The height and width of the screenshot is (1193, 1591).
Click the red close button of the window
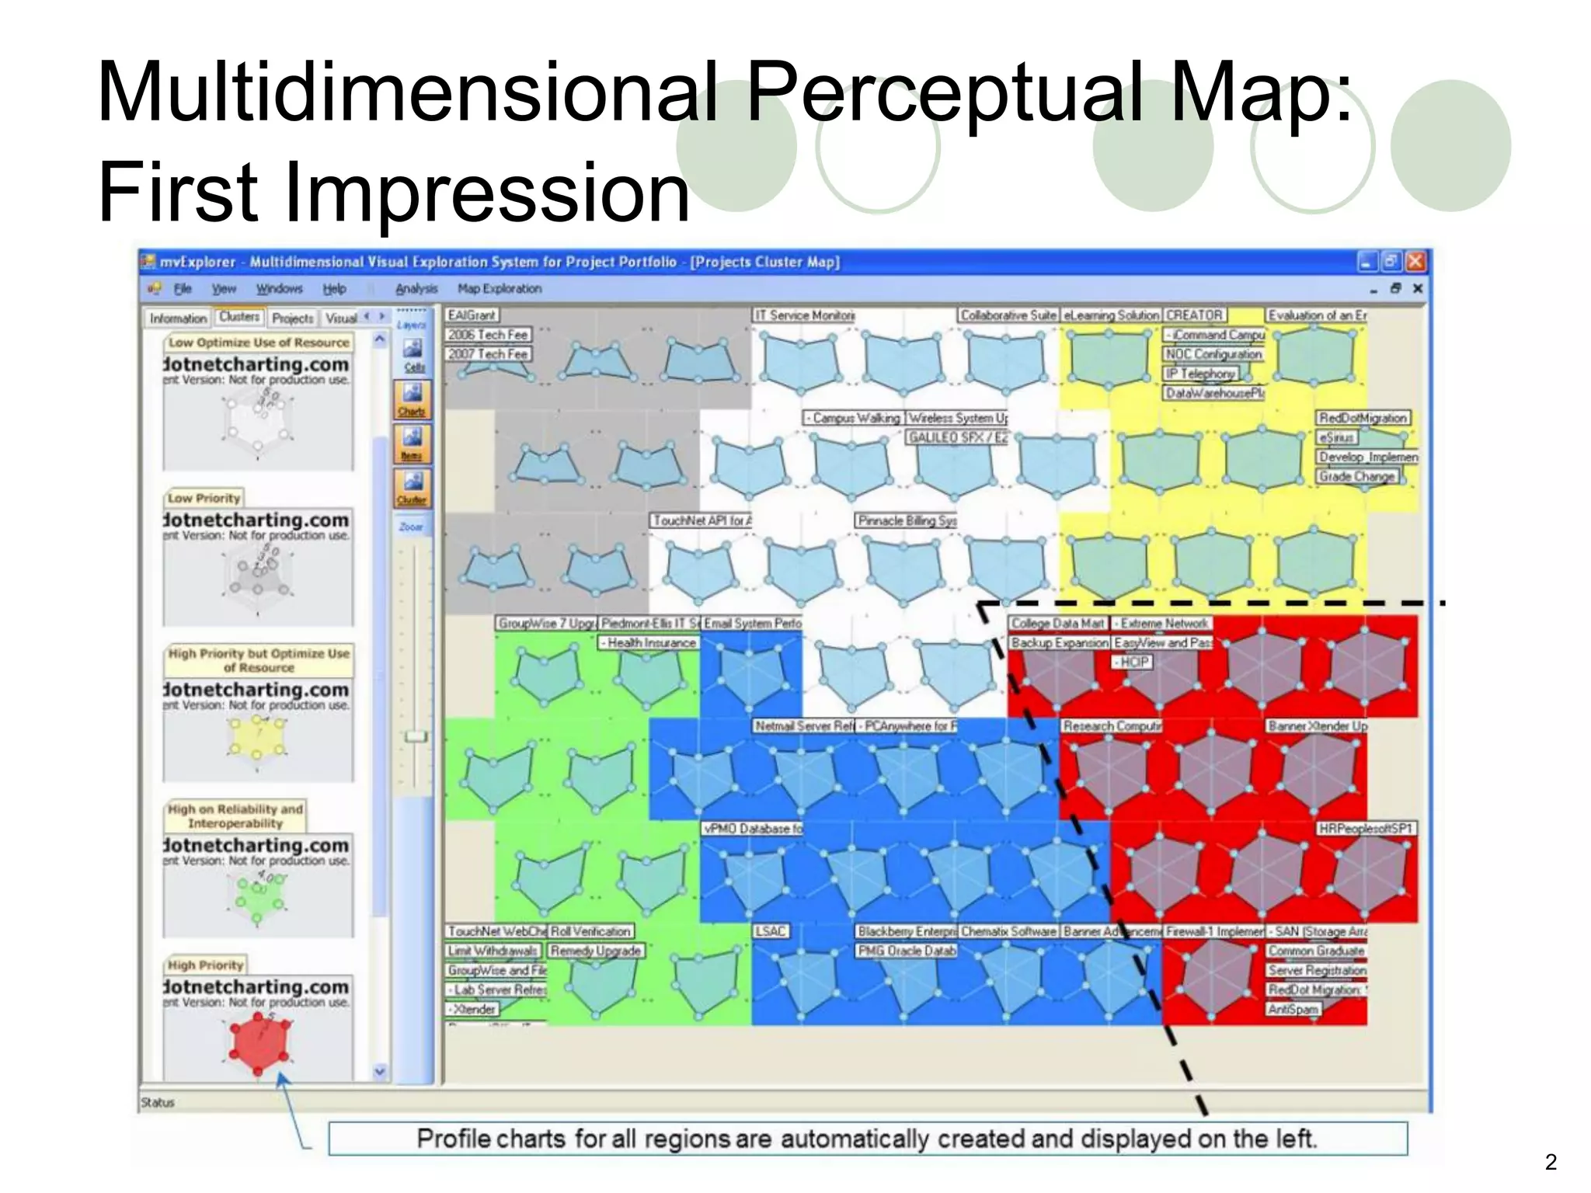1415,262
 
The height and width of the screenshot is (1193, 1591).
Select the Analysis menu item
416,289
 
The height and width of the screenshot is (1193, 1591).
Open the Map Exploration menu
500,289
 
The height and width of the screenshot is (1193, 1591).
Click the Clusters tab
238,317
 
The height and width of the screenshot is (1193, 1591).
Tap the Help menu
334,289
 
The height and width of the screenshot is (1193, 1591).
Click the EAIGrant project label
472,315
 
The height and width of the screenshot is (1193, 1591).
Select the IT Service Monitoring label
805,315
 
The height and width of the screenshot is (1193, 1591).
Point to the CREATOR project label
1195,315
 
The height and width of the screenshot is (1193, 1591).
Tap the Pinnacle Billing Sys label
907,520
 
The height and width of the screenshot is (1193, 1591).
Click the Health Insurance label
650,643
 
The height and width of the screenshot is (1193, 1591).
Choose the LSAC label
770,931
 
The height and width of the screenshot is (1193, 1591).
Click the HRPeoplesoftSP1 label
1365,829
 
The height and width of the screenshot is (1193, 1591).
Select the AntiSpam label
1293,1009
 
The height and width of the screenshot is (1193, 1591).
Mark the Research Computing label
1112,726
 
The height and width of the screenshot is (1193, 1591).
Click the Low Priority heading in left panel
204,498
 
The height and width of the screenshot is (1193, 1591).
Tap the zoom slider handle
416,736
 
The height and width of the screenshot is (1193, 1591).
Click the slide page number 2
1551,1162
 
